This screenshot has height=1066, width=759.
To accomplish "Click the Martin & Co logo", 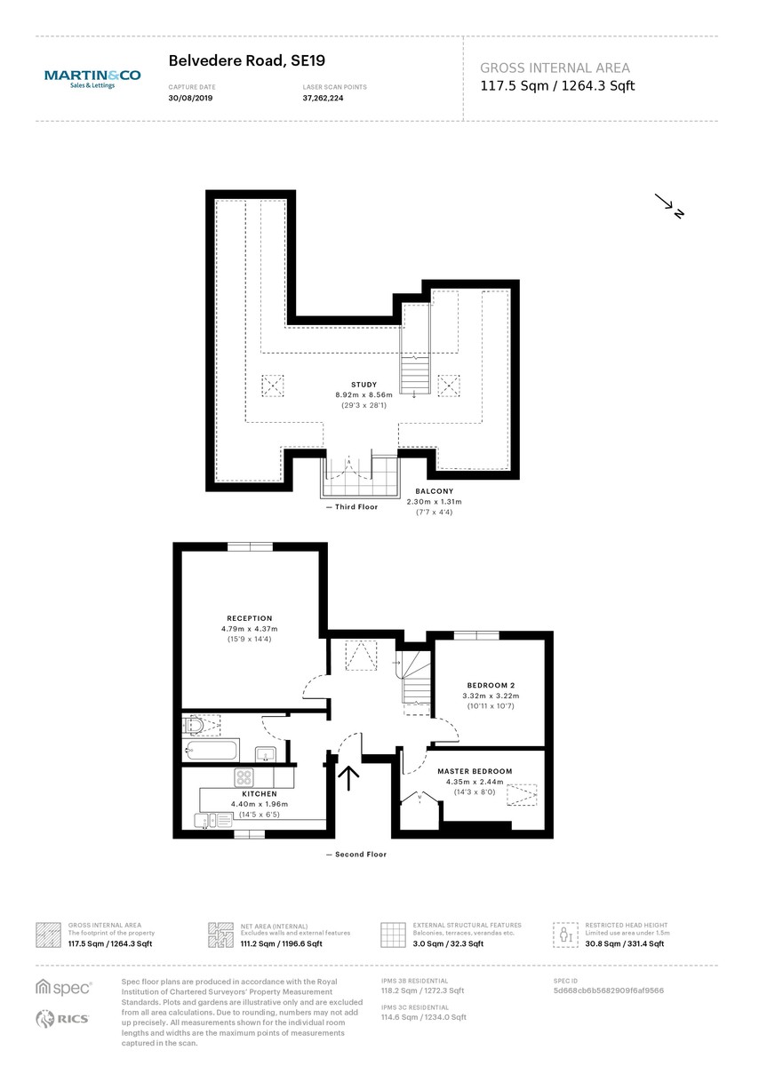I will [92, 78].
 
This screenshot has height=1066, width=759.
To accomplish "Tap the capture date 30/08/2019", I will [191, 98].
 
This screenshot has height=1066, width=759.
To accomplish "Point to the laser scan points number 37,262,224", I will [323, 98].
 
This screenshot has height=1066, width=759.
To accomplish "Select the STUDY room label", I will [364, 385].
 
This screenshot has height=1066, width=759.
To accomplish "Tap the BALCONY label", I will [435, 491].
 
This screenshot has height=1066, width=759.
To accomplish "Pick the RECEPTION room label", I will [249, 618].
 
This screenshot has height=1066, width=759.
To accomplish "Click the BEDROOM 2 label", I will [491, 685].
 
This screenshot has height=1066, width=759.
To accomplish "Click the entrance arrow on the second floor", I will [348, 777].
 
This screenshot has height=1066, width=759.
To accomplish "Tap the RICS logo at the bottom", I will [62, 1019].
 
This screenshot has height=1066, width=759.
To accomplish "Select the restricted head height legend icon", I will [564, 935].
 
